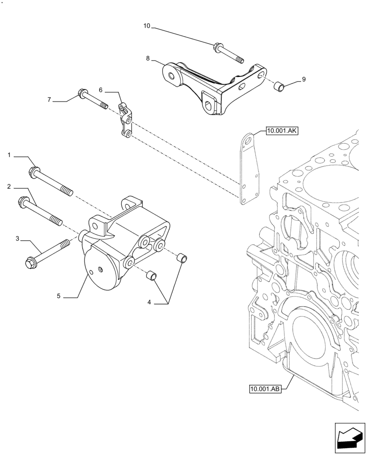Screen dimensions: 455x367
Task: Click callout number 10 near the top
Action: point(146,26)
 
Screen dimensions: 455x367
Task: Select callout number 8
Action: point(148,58)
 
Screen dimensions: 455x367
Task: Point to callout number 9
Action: point(304,79)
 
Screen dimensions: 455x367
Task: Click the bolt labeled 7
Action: point(93,99)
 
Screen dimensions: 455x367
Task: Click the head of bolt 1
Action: point(35,172)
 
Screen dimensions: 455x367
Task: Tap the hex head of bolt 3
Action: point(30,263)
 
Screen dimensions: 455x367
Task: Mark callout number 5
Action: point(59,296)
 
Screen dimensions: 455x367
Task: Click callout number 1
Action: point(9,156)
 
